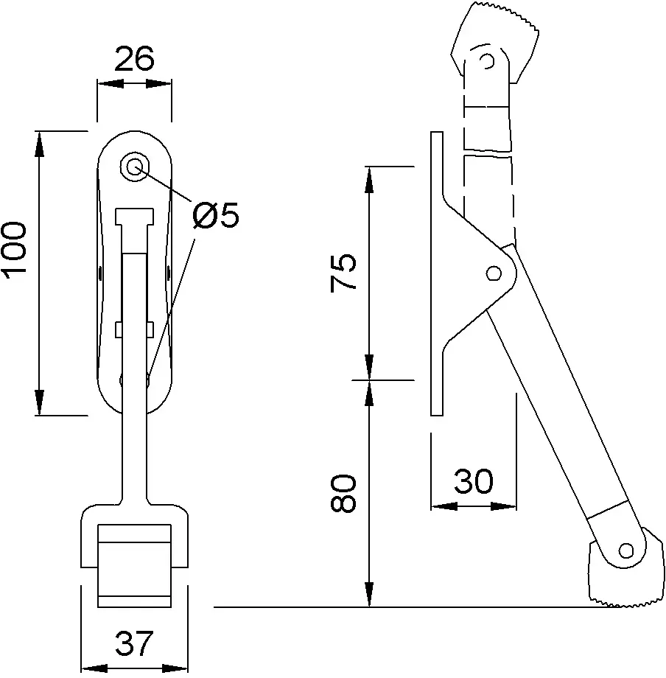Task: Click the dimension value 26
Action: click(134, 58)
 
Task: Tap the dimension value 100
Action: click(15, 251)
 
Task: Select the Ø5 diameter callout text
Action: click(216, 215)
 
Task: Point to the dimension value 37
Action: click(134, 643)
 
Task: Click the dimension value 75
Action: click(343, 273)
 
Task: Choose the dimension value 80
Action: click(343, 493)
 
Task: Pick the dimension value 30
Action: click(473, 480)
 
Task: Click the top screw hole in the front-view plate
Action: click(134, 166)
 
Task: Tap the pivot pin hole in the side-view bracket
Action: click(494, 273)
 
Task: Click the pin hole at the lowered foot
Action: click(625, 551)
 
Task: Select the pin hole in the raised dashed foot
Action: click(488, 60)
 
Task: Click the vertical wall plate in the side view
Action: click(436, 273)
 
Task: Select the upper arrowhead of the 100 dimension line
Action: click(39, 144)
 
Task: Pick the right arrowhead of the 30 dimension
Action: click(503, 506)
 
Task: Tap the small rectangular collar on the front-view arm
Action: click(134, 329)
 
